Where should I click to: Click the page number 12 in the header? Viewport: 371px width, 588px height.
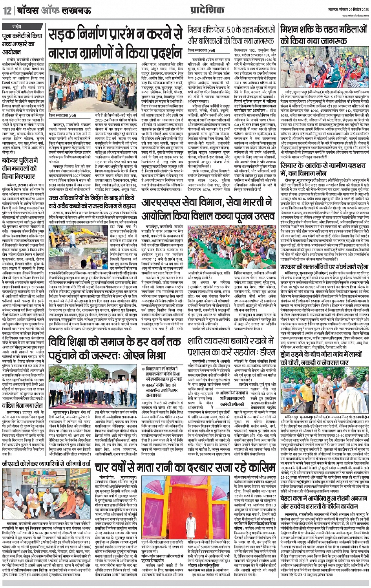click(7, 11)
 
